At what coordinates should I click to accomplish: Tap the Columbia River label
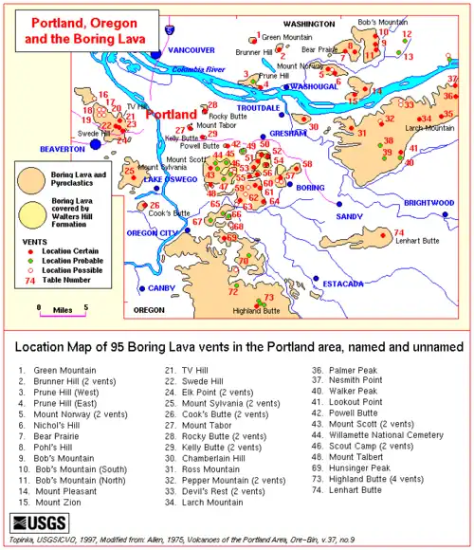198,69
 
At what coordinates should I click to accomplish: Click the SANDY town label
350,216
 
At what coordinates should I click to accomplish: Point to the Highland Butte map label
256,310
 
